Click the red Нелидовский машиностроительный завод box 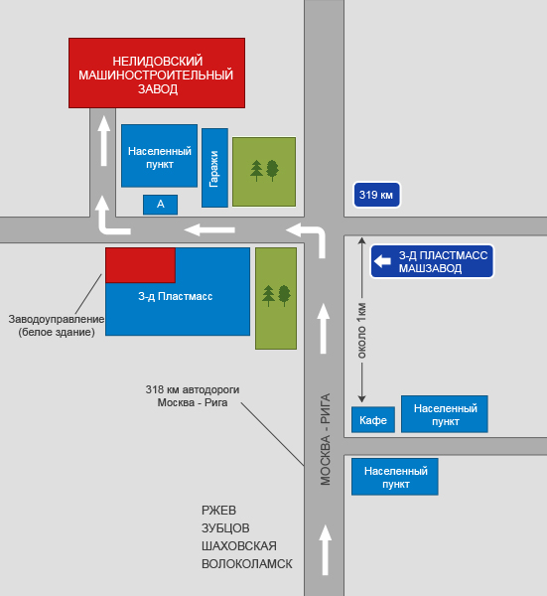click(157, 73)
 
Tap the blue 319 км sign click(376, 195)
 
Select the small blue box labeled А click(160, 205)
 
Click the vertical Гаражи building click(214, 168)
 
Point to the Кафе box click(373, 419)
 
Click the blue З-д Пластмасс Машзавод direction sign click(432, 261)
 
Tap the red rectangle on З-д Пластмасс click(140, 265)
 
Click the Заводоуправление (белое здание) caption click(57, 326)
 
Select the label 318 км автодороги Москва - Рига click(193, 395)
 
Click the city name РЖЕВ click(218, 511)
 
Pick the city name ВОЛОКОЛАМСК click(247, 563)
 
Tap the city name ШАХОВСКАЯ click(239, 545)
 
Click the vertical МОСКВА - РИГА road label click(326, 439)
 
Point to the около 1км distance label click(361, 331)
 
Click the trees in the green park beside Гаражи click(264, 171)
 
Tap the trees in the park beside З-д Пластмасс click(277, 296)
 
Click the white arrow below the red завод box click(103, 141)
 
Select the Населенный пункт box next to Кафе click(445, 414)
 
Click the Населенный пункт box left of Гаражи click(159, 156)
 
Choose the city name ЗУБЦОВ click(225, 528)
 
